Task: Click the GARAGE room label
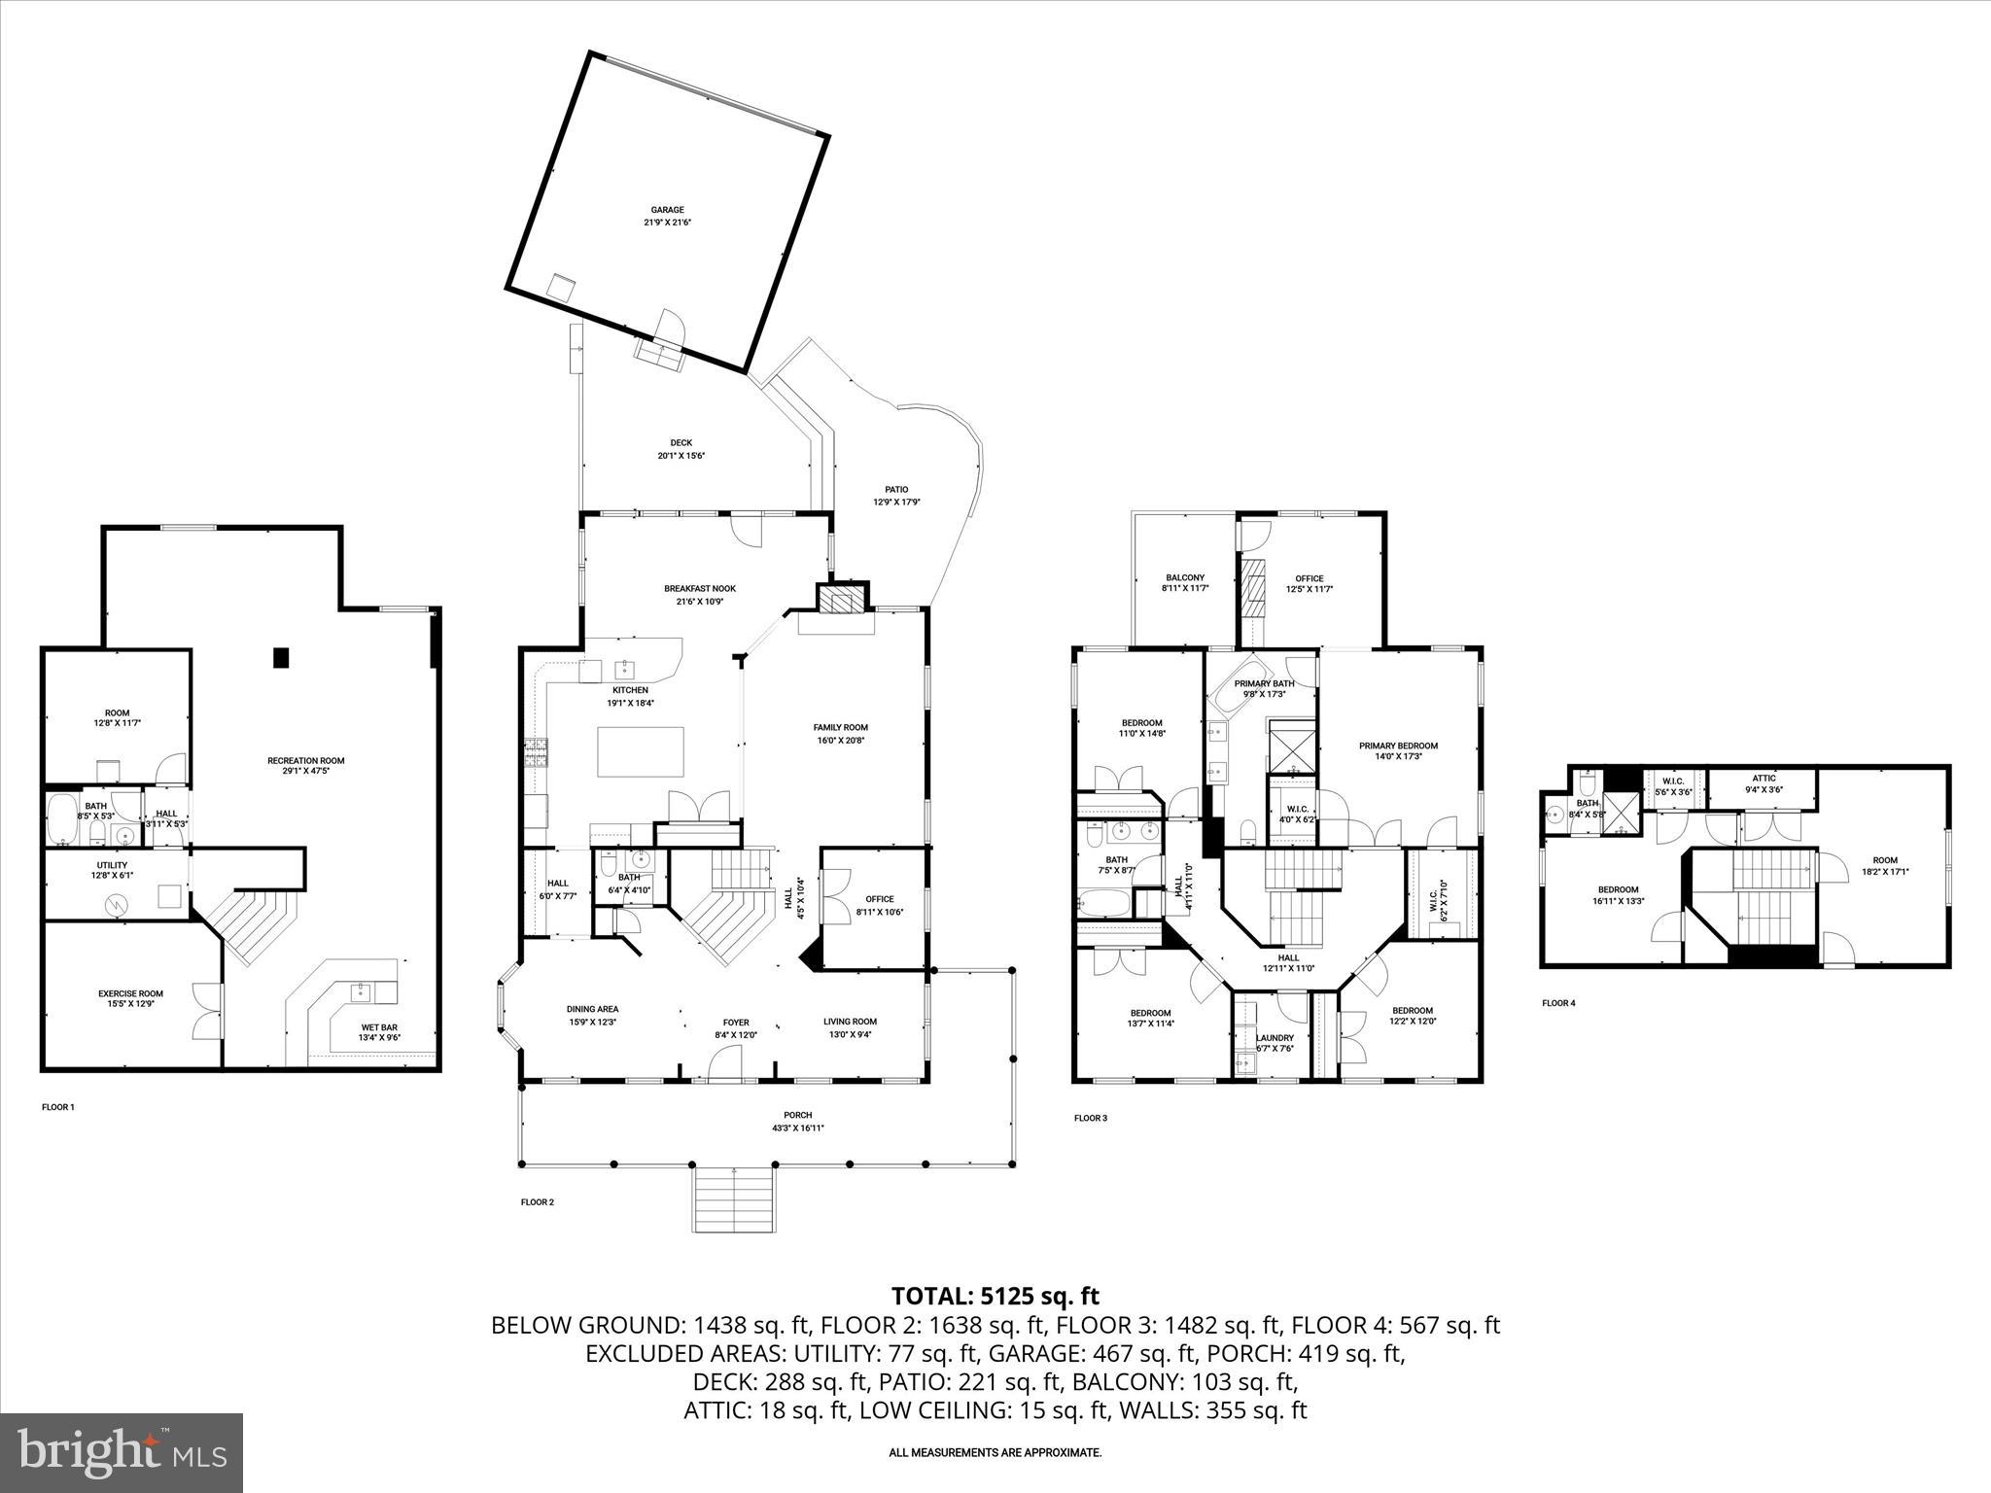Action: (667, 216)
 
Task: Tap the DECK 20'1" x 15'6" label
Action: (681, 449)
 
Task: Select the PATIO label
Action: (896, 496)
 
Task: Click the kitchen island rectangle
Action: (640, 751)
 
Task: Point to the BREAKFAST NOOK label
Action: (700, 595)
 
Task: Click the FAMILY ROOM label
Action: (840, 733)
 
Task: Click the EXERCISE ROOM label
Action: (130, 998)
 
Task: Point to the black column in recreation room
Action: (281, 657)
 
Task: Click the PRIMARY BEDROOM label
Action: (1398, 751)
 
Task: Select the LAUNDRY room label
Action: (1275, 1043)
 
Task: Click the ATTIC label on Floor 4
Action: (1764, 783)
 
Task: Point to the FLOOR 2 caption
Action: (537, 1202)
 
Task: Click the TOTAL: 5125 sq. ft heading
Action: (995, 1296)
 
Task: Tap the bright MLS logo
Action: (122, 1452)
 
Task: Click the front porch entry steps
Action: (735, 1199)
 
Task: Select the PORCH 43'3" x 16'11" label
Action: (797, 1122)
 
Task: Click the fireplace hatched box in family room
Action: (841, 600)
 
